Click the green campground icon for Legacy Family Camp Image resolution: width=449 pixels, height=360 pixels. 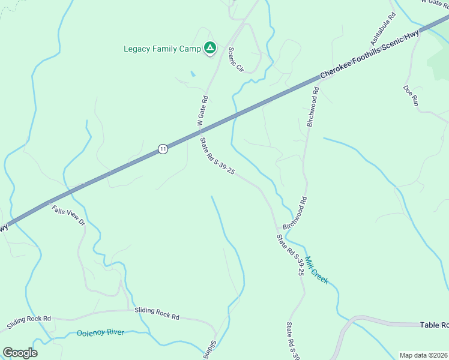[x=209, y=47]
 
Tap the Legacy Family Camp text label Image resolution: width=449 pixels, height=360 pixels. [x=162, y=49]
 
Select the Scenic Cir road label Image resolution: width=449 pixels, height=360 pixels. [x=235, y=59]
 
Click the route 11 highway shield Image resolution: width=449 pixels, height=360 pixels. [x=163, y=149]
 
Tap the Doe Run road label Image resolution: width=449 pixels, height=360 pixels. [x=411, y=95]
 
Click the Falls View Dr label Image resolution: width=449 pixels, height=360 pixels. [x=68, y=215]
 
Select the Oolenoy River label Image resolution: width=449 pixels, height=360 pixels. [x=100, y=332]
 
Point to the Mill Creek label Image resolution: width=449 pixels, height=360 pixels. [x=316, y=270]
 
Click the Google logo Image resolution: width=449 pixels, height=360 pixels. [x=20, y=352]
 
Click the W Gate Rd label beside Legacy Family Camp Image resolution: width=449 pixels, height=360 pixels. [x=202, y=110]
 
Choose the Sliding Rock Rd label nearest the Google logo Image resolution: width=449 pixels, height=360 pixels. [x=29, y=323]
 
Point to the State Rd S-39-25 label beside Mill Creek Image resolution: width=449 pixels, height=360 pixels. [x=291, y=255]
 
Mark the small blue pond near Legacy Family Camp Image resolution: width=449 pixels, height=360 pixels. [x=191, y=74]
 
